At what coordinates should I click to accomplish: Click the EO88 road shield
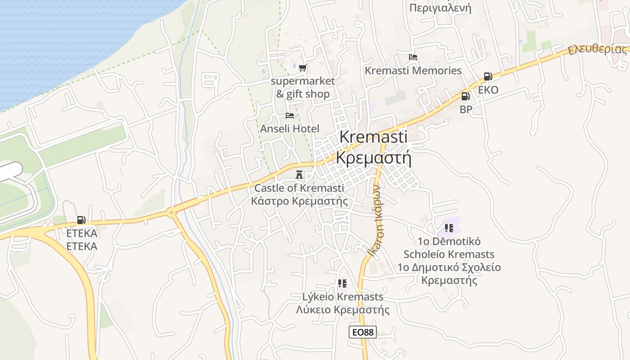point(362,333)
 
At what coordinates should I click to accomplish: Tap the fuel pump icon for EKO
point(488,76)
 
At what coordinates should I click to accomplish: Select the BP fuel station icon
point(465,96)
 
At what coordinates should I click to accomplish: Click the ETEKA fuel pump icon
point(81,220)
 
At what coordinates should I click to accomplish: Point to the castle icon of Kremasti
point(299,175)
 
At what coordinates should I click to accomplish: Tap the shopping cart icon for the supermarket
point(302,68)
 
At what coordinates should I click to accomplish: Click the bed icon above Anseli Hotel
point(290,116)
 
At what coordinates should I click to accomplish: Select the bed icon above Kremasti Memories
point(413,57)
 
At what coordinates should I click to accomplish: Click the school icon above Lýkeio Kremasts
point(342,283)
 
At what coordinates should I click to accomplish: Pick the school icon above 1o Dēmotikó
point(449,228)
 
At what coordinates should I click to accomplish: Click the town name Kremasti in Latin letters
point(373,137)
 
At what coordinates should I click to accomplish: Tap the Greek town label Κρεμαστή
point(373,158)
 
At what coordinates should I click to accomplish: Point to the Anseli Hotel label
point(290,129)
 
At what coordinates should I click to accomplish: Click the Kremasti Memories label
point(413,71)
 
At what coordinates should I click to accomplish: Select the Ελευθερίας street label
point(597,49)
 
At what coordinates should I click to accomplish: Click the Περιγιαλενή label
point(440,8)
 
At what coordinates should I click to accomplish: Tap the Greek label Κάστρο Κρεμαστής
point(299,201)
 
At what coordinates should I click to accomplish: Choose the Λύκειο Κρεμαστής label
point(343,310)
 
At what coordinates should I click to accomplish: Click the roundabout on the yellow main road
point(171,212)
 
